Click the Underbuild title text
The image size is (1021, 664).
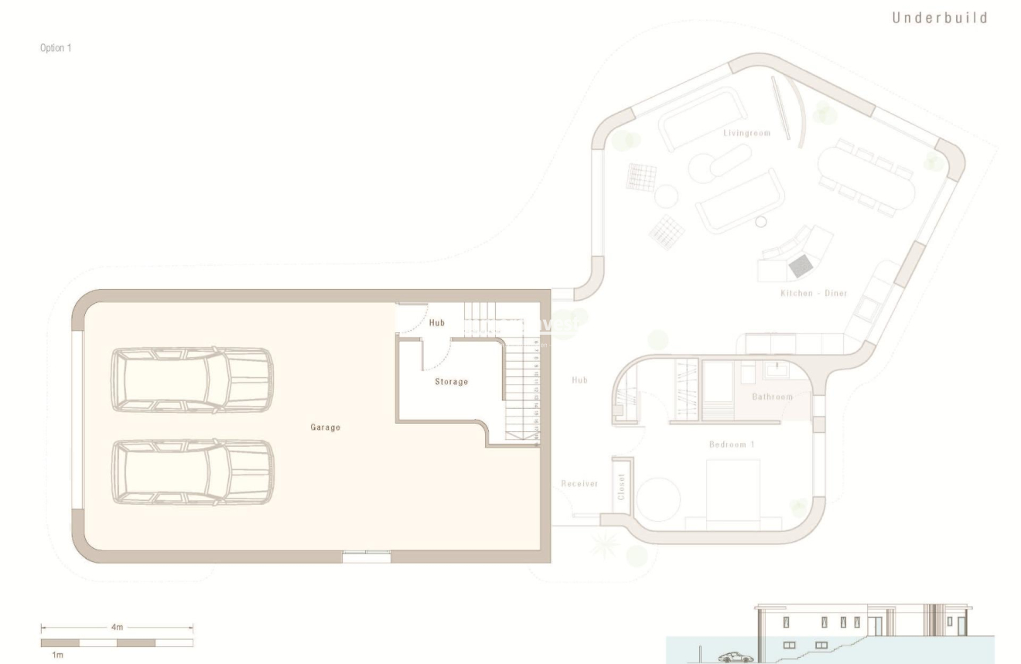pos(941,19)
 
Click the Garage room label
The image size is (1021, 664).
pos(326,427)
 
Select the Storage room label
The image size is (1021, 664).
pos(451,382)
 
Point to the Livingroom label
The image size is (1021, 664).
pos(747,133)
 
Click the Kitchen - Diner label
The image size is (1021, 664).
pos(814,294)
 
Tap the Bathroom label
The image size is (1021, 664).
pos(773,397)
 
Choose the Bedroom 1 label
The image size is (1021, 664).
pos(732,444)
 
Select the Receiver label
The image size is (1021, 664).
pos(579,484)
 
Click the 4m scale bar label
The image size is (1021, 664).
pos(117,628)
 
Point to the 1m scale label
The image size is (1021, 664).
pos(48,654)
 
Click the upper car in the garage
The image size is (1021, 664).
pos(192,380)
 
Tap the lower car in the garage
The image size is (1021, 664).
pos(192,472)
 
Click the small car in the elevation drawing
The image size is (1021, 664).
pos(736,657)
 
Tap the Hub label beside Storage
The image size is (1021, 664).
pos(437,323)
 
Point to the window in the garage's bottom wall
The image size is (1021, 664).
pos(367,553)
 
